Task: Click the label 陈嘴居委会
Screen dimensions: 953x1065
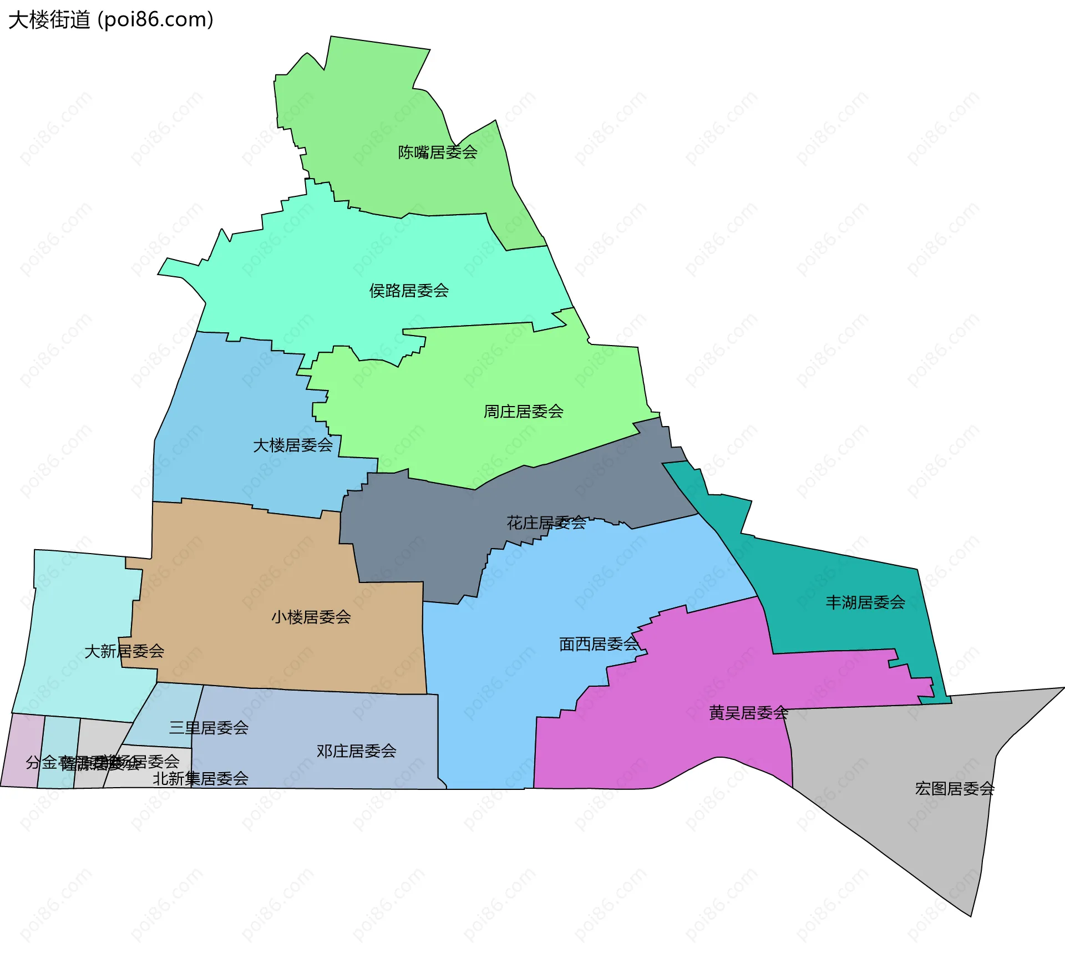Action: click(x=438, y=152)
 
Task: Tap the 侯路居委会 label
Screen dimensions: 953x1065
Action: click(x=409, y=291)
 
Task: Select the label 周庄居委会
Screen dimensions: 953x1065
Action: click(x=523, y=412)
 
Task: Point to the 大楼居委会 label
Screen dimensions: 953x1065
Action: click(x=292, y=445)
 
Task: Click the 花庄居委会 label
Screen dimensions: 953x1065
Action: click(x=546, y=523)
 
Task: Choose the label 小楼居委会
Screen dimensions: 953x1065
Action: click(x=311, y=617)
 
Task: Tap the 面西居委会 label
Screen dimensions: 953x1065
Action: click(x=599, y=644)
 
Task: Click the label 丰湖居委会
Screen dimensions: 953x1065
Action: click(x=865, y=602)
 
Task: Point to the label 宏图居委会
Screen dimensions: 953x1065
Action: click(x=954, y=789)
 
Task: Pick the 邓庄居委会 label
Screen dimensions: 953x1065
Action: click(x=356, y=751)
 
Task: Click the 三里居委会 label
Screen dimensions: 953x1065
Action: click(x=209, y=728)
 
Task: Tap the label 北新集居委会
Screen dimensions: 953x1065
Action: click(x=200, y=779)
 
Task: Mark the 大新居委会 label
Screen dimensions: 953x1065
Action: click(x=124, y=651)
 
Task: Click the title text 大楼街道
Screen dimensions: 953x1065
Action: click(x=49, y=20)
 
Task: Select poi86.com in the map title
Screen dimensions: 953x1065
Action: click(x=155, y=20)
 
